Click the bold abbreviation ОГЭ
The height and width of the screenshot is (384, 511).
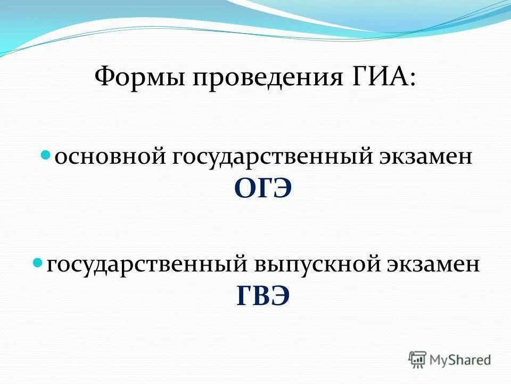point(263,188)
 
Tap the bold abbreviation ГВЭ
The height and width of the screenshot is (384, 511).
point(263,296)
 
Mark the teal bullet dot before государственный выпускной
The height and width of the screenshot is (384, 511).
point(38,263)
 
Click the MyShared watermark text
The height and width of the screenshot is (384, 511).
point(460,360)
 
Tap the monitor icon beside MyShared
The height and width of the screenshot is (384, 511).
point(418,359)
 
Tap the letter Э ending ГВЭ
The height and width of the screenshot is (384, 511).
point(281,296)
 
